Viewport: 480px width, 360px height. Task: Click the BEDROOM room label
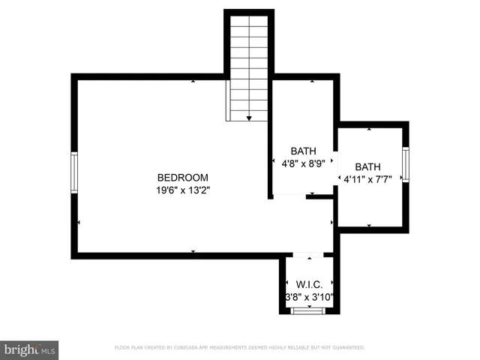[x=182, y=178]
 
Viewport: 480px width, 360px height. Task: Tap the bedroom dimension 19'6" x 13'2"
[x=182, y=190]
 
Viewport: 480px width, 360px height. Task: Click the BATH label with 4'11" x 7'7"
[x=367, y=167]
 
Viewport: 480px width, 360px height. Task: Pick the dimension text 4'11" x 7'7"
[x=367, y=179]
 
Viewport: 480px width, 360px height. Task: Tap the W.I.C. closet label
[x=309, y=285]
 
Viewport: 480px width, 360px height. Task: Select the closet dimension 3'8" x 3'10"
[x=309, y=297]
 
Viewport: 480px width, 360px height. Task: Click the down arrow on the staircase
[x=248, y=118]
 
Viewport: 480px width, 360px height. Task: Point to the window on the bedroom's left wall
[x=74, y=172]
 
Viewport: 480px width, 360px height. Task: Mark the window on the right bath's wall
[x=405, y=164]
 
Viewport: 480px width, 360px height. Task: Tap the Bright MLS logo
[x=29, y=349]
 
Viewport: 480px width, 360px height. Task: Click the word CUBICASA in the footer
[x=195, y=348]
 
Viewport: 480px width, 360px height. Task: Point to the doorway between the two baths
[x=337, y=165]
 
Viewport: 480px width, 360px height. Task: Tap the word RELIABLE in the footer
[x=305, y=348]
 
